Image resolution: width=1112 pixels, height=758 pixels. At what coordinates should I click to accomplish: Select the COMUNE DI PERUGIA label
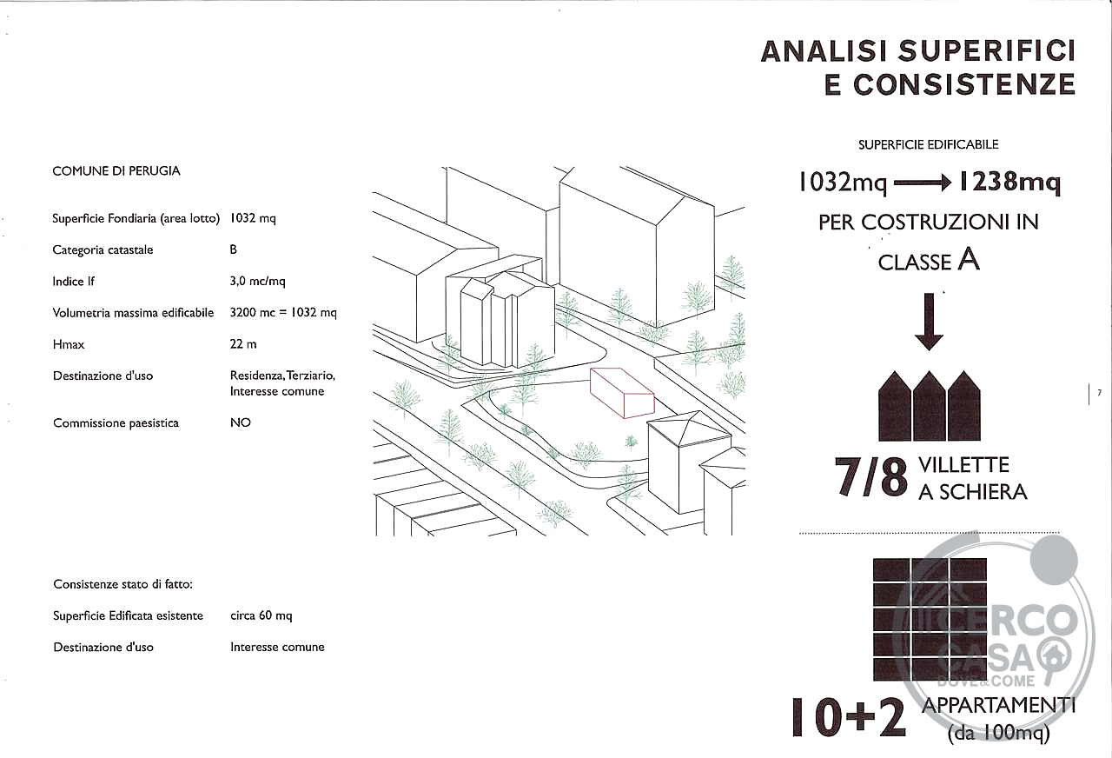tap(116, 171)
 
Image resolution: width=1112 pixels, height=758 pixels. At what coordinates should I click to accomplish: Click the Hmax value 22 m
tap(243, 343)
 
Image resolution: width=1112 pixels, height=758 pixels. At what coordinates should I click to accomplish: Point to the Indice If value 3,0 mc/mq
tap(258, 281)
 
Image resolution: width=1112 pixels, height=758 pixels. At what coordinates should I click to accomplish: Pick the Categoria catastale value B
tap(234, 249)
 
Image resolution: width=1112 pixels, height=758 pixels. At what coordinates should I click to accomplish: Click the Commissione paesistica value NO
tap(241, 422)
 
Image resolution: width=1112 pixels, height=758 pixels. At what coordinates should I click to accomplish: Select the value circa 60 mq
tap(261, 615)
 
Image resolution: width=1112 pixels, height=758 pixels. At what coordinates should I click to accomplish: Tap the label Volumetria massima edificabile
tap(133, 312)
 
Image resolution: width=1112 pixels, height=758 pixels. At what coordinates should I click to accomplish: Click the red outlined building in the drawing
tap(622, 392)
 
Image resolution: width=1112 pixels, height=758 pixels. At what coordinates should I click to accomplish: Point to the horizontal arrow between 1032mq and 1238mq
tap(922, 183)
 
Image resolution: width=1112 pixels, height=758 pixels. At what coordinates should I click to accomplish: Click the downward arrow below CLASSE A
tap(929, 322)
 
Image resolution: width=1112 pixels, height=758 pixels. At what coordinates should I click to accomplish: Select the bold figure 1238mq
tap(1009, 182)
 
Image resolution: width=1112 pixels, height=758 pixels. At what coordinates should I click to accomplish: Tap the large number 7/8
tap(870, 477)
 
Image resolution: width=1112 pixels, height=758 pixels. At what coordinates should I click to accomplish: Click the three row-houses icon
tap(930, 406)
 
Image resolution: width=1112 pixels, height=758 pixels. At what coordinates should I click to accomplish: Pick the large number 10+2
tap(849, 717)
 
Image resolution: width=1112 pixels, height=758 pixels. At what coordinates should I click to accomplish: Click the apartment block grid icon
tap(930, 620)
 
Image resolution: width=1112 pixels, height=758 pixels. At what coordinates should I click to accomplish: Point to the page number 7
tap(1100, 393)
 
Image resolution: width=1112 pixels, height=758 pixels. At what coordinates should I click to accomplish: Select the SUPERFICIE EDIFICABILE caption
tap(929, 144)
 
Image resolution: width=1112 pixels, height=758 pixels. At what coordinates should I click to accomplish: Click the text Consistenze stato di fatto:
tap(123, 584)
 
